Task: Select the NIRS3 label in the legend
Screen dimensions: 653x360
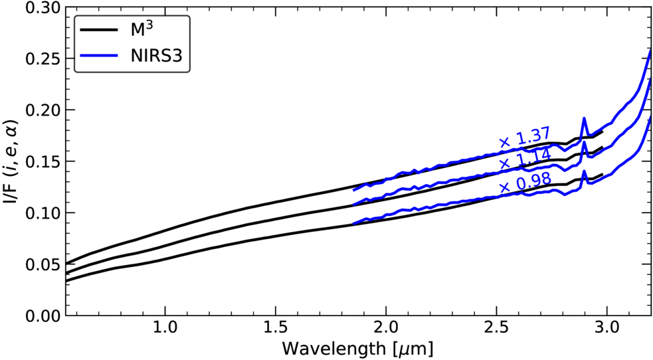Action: (157, 56)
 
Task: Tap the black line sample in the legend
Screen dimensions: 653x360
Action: (100, 30)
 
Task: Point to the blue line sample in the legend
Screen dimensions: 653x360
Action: (100, 55)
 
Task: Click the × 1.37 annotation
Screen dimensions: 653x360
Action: (525, 137)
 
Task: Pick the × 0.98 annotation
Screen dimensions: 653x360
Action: (525, 183)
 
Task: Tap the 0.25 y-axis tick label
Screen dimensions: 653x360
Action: (42, 58)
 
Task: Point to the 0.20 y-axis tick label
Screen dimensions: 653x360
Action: (42, 110)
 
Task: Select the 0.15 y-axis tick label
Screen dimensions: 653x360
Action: (42, 161)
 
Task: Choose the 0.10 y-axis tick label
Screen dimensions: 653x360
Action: (42, 213)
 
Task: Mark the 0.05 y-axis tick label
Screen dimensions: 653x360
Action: (42, 264)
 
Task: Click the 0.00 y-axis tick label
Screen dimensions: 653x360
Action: (42, 315)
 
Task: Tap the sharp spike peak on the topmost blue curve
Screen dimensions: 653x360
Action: (584, 118)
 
